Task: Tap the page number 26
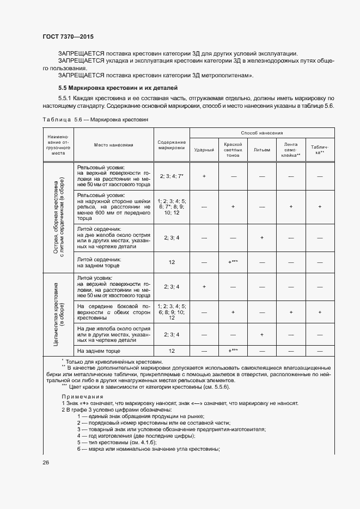tap(46, 462)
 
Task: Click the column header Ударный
tap(204, 149)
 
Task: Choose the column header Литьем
tap(261, 149)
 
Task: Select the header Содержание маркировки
tap(172, 145)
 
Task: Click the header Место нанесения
tap(113, 145)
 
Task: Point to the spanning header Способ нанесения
tap(262, 133)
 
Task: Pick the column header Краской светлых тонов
tap(233, 149)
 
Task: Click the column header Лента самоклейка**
tap(291, 149)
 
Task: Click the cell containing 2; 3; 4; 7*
tap(172, 176)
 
